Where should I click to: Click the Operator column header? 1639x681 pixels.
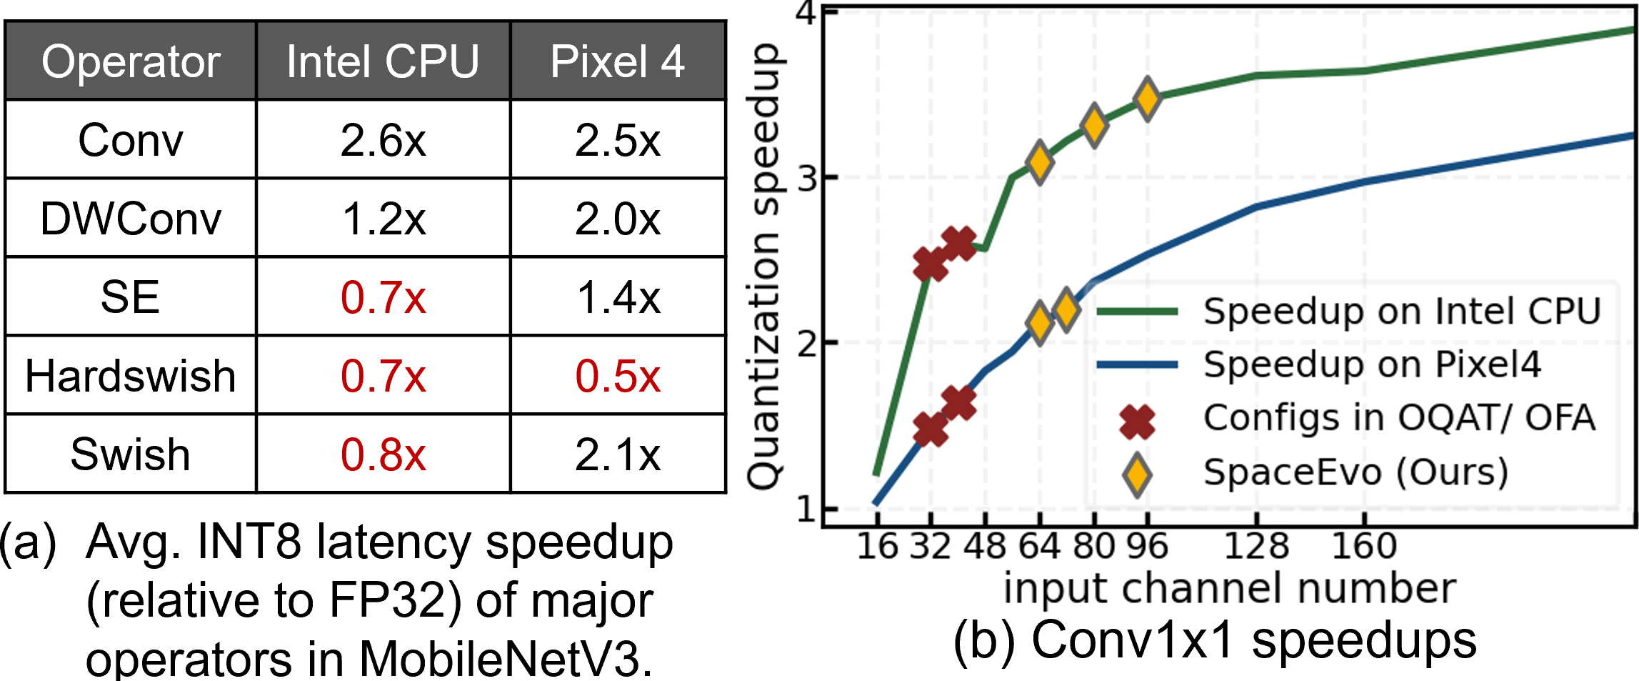coord(131,61)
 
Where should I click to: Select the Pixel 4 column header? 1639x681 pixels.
coord(618,61)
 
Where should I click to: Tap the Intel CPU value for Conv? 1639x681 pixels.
coord(383,140)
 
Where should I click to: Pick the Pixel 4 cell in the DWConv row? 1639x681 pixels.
coord(618,219)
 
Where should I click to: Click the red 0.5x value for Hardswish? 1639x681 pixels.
coord(618,376)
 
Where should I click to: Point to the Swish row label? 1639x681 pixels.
coord(131,454)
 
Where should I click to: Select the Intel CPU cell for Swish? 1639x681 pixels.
coord(383,454)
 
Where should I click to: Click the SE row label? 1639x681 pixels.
coord(131,297)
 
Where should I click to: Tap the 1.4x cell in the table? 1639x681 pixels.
coord(618,297)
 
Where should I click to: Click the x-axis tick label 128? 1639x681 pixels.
coord(1256,547)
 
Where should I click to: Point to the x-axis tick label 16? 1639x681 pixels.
coord(876,547)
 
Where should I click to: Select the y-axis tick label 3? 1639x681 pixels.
coord(808,178)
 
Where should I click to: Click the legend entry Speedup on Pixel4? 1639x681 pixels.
coord(1372,364)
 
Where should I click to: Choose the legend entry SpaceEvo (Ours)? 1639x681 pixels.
coord(1355,472)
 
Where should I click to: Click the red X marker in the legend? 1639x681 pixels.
coord(1137,419)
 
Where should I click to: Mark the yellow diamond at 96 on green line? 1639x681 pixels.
coord(1148,99)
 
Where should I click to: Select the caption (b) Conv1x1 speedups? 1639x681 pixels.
coord(1215,640)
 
